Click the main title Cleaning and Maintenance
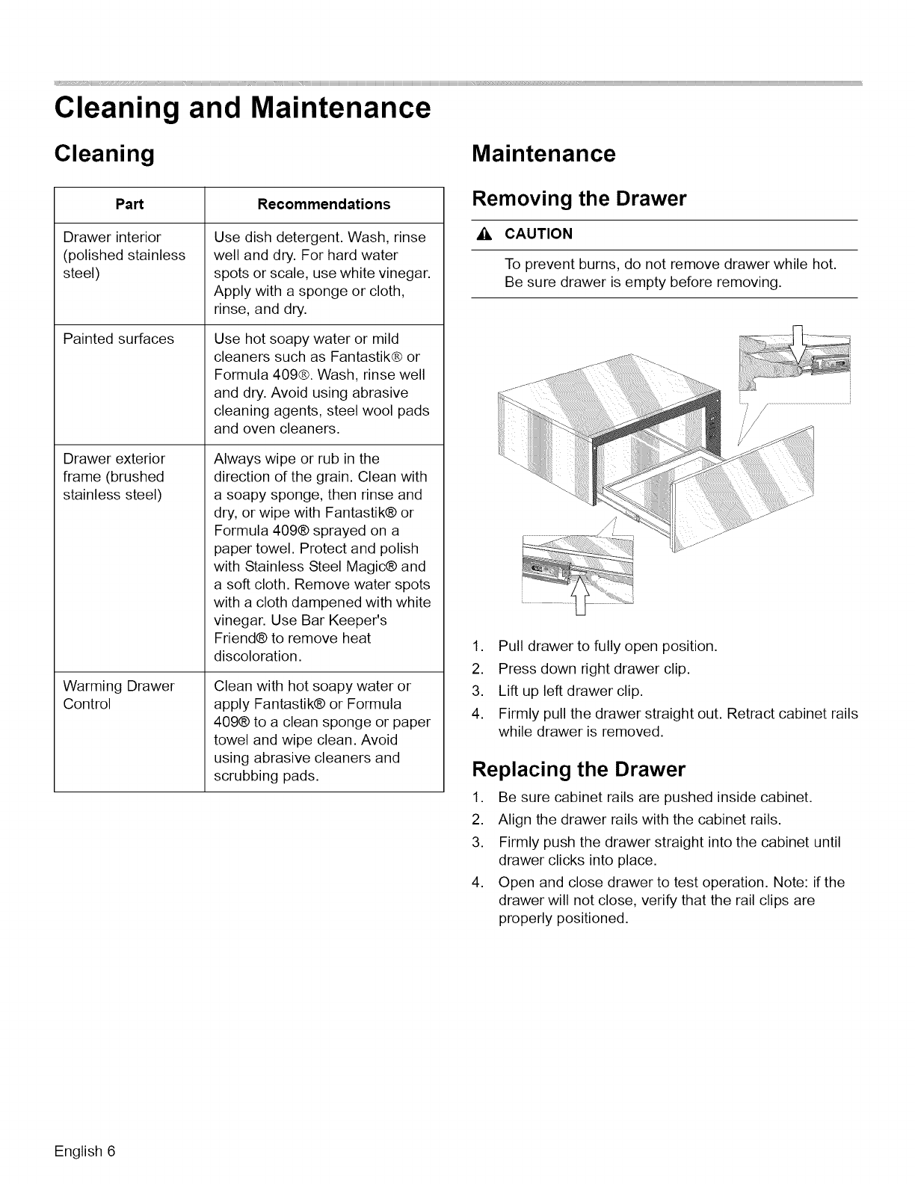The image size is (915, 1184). coord(242,108)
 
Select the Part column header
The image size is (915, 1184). coord(129,204)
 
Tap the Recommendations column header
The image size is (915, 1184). coord(324,204)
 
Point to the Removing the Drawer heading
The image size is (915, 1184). coord(579,200)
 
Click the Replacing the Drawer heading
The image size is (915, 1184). coord(579,769)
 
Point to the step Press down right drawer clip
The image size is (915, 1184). coord(594,668)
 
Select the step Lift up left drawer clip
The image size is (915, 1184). coord(570,690)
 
